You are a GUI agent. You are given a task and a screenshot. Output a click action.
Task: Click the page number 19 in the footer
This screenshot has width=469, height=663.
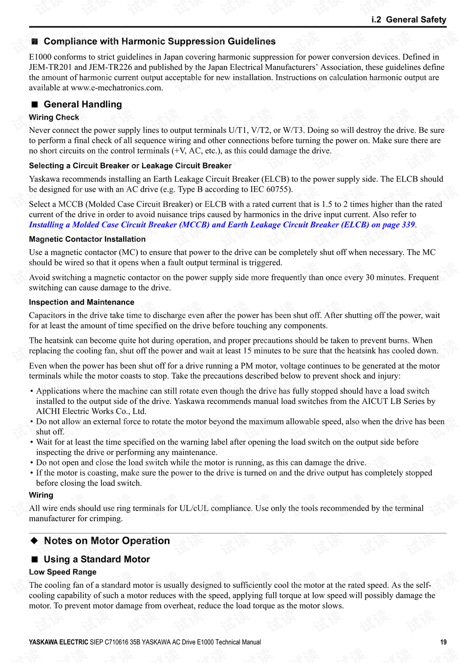pyautogui.click(x=443, y=642)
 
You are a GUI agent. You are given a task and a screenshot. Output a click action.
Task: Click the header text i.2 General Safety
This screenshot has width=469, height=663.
pyautogui.click(x=408, y=20)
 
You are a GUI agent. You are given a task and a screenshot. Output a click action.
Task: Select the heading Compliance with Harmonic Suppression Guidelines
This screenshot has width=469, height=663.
pyautogui.click(x=159, y=42)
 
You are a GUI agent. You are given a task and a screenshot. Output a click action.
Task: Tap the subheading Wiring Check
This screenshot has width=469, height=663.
pyautogui.click(x=54, y=117)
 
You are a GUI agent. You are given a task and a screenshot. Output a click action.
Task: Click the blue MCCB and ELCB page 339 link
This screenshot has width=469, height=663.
pyautogui.click(x=222, y=225)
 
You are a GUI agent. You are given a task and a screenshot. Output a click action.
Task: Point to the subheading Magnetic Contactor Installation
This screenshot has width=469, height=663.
pyautogui.click(x=87, y=239)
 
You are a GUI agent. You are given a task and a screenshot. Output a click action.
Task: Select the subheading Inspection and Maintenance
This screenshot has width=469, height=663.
pyautogui.click(x=81, y=302)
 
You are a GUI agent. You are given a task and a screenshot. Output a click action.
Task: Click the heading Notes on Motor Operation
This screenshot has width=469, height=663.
pyautogui.click(x=107, y=540)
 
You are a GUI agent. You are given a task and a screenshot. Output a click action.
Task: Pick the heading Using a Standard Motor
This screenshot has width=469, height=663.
pyautogui.click(x=97, y=559)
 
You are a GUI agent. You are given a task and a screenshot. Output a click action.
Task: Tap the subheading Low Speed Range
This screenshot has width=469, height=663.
pyautogui.click(x=63, y=572)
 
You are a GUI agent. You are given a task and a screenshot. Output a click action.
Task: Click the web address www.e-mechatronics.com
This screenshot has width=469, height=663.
pyautogui.click(x=116, y=88)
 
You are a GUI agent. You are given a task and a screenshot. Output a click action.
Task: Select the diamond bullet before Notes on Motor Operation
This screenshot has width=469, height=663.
pyautogui.click(x=34, y=540)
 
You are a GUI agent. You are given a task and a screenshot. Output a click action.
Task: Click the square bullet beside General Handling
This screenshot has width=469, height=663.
pyautogui.click(x=35, y=105)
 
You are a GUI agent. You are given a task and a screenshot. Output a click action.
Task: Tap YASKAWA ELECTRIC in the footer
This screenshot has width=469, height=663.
pyautogui.click(x=58, y=642)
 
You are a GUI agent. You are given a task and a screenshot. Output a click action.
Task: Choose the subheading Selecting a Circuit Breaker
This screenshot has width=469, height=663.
pyautogui.click(x=130, y=166)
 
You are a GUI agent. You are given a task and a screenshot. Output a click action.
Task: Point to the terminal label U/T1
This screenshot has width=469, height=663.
pyautogui.click(x=238, y=130)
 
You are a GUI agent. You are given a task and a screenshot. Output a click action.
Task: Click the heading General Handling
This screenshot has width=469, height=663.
pyautogui.click(x=83, y=105)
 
